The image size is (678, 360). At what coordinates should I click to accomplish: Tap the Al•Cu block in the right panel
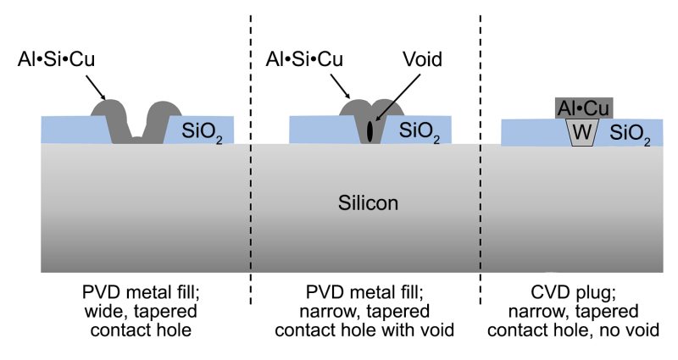(584, 108)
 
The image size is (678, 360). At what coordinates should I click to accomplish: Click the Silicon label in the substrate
(368, 204)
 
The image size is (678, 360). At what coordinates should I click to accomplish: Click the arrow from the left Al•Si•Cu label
(94, 86)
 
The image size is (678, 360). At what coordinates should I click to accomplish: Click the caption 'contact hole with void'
(368, 329)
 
